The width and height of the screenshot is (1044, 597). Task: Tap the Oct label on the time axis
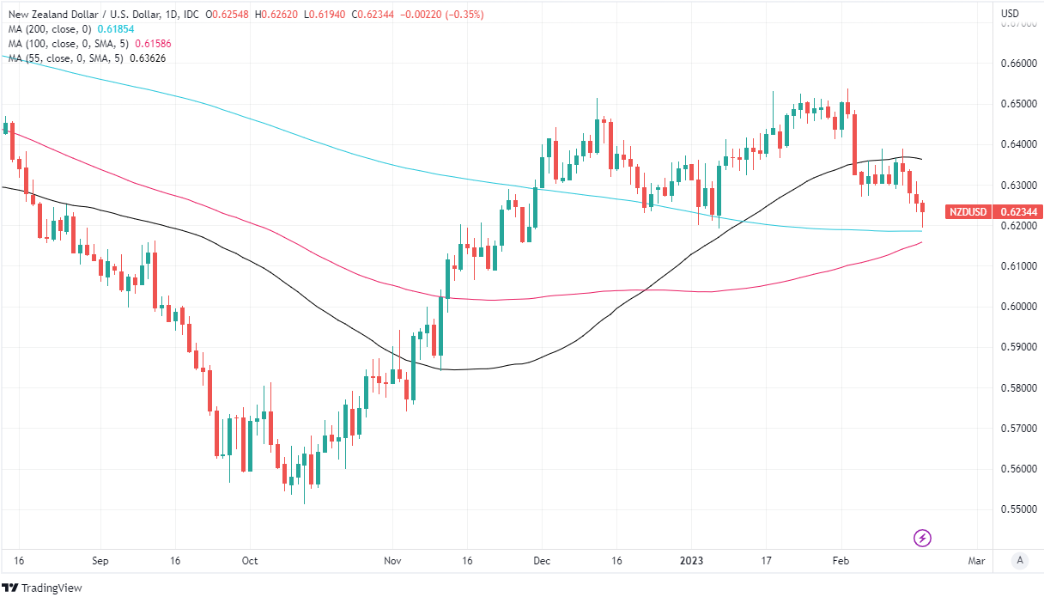tap(250, 561)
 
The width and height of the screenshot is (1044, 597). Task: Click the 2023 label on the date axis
tap(691, 561)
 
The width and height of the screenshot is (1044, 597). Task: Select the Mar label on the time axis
tap(976, 561)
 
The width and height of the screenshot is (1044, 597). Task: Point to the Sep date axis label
tap(100, 561)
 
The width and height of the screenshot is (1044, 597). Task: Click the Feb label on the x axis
tap(841, 561)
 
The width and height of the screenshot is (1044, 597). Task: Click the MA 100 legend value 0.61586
tap(147, 43)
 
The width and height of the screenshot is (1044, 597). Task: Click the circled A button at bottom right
tap(1020, 561)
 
